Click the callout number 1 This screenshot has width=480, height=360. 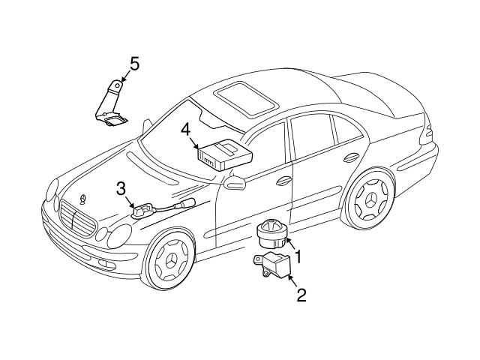pyautogui.click(x=298, y=256)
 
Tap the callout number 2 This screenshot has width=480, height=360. pyautogui.click(x=301, y=295)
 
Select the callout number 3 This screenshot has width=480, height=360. pyautogui.click(x=121, y=190)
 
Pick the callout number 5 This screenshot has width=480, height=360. pyautogui.click(x=134, y=64)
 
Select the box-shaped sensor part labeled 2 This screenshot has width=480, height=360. pyautogui.click(x=271, y=265)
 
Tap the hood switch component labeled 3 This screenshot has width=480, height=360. pyautogui.click(x=140, y=211)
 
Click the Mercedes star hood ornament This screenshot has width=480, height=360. pyautogui.click(x=82, y=199)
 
